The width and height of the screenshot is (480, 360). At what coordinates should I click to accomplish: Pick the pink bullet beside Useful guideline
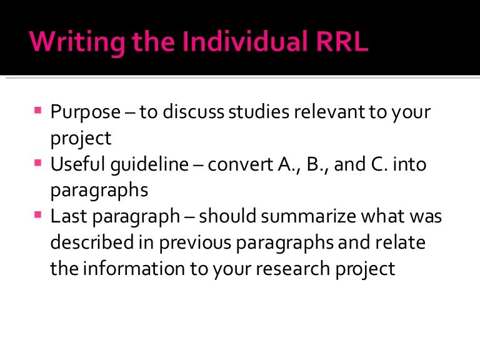point(38,164)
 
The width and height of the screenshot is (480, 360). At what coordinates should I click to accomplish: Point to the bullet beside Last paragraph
point(38,217)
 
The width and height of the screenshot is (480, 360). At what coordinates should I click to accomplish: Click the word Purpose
point(85,113)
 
